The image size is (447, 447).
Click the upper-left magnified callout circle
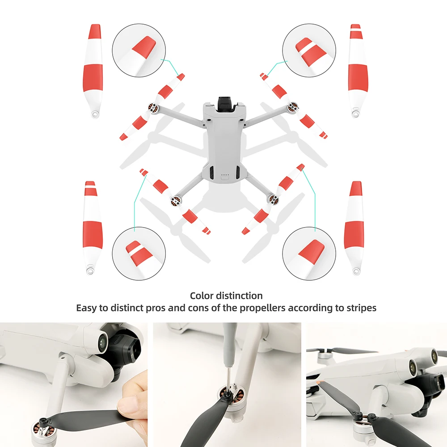(139, 50)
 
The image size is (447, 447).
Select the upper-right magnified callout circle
(309, 50)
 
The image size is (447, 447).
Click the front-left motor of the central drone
(153, 108)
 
